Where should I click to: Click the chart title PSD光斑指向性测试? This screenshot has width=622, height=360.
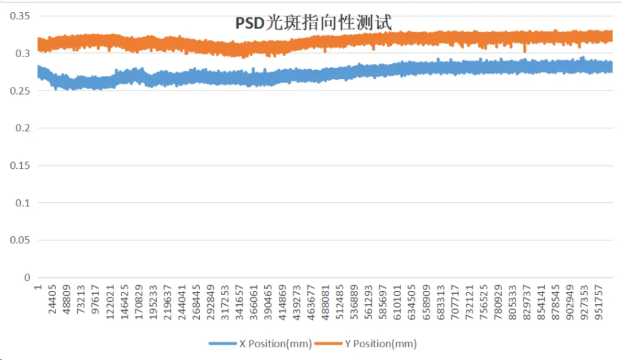click(313, 22)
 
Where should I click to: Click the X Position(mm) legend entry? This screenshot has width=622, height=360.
click(275, 344)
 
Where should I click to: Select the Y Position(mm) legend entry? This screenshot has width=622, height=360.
click(380, 344)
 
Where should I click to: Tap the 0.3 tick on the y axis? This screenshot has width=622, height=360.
click(23, 53)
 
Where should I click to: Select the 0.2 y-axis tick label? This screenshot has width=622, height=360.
click(23, 128)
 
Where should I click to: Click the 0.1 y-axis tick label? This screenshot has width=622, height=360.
click(23, 203)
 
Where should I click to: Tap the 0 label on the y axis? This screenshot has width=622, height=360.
click(27, 278)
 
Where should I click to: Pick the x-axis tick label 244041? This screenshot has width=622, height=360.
click(182, 299)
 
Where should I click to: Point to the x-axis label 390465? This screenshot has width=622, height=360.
click(268, 299)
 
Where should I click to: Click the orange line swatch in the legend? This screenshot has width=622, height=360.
click(328, 344)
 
